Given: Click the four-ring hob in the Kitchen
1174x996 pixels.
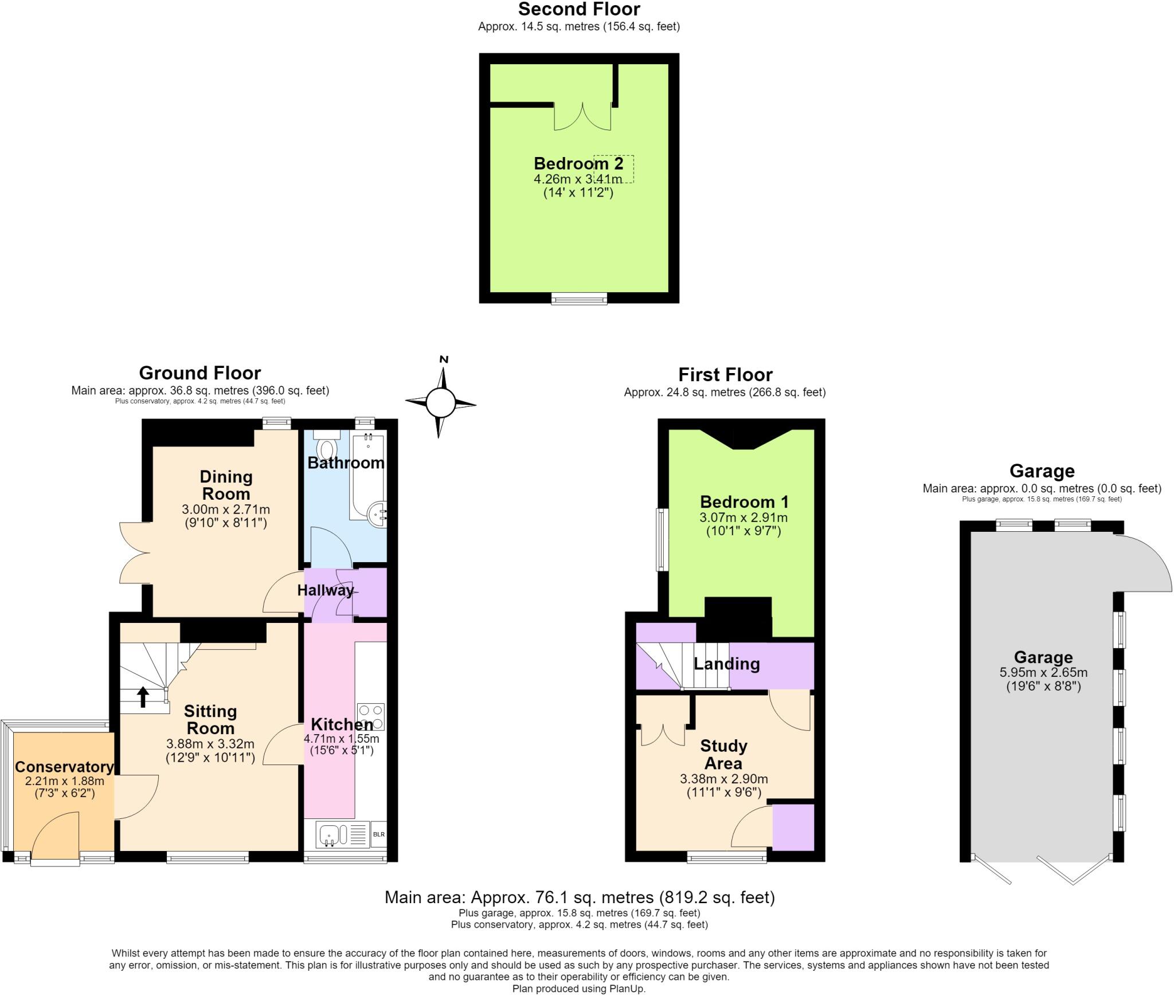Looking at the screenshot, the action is pyautogui.click(x=370, y=716).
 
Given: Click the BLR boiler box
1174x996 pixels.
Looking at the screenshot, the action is pyautogui.click(x=379, y=834).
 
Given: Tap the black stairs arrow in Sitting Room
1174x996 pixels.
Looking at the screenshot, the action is pyautogui.click(x=143, y=697).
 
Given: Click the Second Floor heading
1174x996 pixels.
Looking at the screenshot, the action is pyautogui.click(x=579, y=9).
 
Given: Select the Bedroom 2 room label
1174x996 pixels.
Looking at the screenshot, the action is pyautogui.click(x=578, y=163).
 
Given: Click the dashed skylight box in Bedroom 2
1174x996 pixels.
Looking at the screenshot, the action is pyautogui.click(x=613, y=168).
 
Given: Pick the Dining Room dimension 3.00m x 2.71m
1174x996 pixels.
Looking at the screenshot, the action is pyautogui.click(x=226, y=509).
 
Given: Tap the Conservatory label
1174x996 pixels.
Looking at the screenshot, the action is pyautogui.click(x=64, y=767).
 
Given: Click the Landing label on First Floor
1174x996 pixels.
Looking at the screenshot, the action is pyautogui.click(x=727, y=664).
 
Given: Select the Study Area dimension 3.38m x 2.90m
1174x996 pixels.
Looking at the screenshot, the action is pyautogui.click(x=724, y=779).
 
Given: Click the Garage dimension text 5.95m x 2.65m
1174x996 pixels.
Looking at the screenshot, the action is pyautogui.click(x=1043, y=673).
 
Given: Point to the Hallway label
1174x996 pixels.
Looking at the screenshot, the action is pyautogui.click(x=326, y=590).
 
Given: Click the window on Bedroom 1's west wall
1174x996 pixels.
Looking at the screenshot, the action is pyautogui.click(x=663, y=539).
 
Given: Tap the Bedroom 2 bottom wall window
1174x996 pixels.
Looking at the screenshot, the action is pyautogui.click(x=579, y=298).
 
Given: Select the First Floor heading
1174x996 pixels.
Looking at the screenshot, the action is pyautogui.click(x=725, y=375).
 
